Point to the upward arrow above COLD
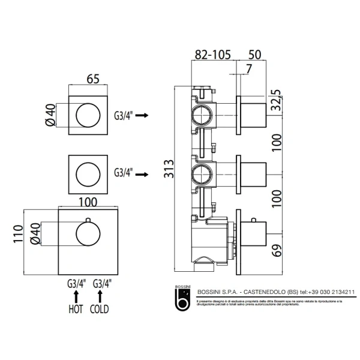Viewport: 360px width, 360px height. coord(100,296)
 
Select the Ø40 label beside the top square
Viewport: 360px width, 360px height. coord(52,114)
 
